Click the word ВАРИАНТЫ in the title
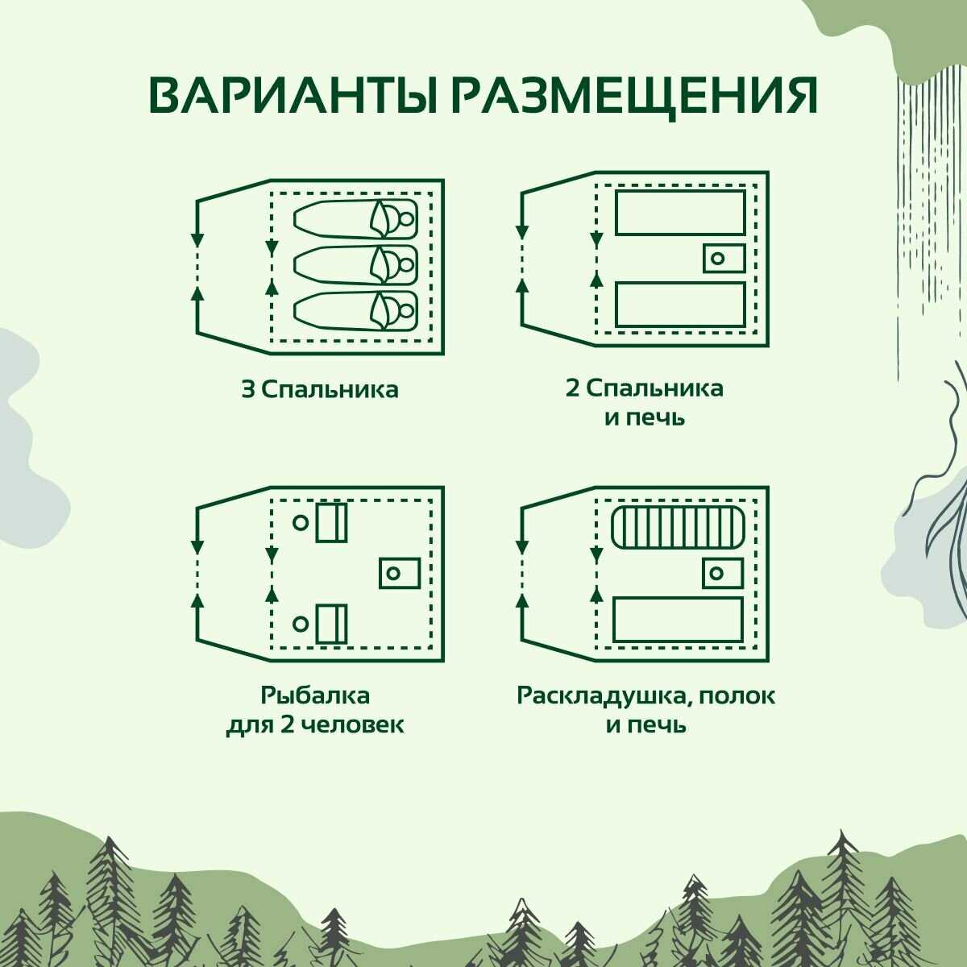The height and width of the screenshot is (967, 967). point(294,96)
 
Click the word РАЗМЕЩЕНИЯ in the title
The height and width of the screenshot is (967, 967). point(633,96)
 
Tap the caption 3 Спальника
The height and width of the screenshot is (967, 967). point(320,390)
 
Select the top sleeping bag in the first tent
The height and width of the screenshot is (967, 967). point(355,218)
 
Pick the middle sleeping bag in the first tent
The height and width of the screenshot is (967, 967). point(355,264)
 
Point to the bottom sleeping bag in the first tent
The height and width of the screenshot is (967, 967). point(355,310)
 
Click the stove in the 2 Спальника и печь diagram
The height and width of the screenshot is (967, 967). point(724,259)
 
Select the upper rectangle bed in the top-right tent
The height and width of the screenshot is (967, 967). point(680,213)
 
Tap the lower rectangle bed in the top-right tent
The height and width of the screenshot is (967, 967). point(680,305)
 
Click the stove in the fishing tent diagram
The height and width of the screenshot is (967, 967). point(400,573)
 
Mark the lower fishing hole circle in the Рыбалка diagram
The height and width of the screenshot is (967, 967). point(301,623)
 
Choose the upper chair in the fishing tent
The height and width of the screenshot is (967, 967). point(331,523)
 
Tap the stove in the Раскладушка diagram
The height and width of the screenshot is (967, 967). point(723,574)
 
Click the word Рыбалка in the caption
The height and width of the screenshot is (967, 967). point(315,695)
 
